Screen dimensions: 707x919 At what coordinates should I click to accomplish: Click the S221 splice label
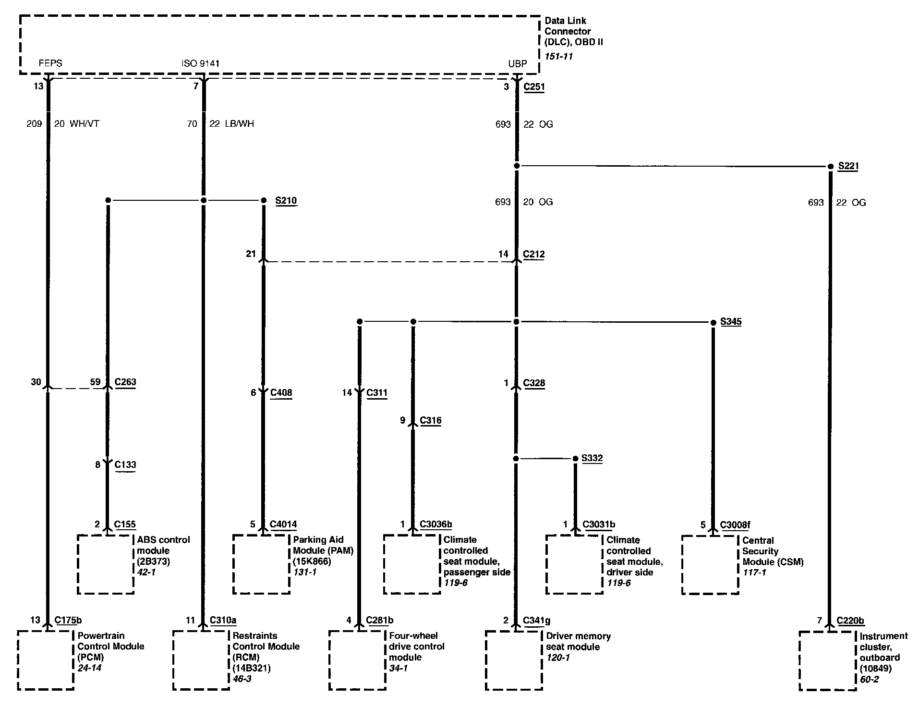pos(848,166)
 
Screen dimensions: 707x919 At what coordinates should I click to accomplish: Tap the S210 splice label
pos(286,200)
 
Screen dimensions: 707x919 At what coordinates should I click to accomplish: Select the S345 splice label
pos(731,322)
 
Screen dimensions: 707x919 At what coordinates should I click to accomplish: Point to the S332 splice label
pos(592,458)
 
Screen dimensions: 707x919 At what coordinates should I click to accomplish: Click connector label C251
pos(534,87)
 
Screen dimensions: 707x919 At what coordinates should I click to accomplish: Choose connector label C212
pos(534,255)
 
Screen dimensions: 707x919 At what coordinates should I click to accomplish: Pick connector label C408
pos(281,393)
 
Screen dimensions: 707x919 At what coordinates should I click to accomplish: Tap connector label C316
pos(430,421)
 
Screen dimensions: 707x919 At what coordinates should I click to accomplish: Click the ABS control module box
pos(106,564)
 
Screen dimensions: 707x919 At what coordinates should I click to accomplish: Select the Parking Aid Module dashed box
pos(262,564)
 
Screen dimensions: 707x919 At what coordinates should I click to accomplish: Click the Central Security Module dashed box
pos(710,565)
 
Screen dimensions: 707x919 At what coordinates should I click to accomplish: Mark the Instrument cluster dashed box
pos(828,661)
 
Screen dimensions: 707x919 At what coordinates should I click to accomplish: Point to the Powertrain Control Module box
pos(46,660)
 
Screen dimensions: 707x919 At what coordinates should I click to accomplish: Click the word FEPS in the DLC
pos(50,63)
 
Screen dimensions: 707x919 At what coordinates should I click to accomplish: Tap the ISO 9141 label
pos(201,63)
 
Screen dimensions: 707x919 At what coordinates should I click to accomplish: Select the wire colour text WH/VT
pos(84,124)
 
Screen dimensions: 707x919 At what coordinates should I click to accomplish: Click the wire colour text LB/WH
pos(239,124)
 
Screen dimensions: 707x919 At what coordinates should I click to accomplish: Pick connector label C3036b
pos(435,524)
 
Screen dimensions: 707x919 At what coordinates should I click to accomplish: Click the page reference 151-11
pos(558,56)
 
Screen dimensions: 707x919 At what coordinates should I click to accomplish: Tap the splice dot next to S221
pos(830,166)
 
